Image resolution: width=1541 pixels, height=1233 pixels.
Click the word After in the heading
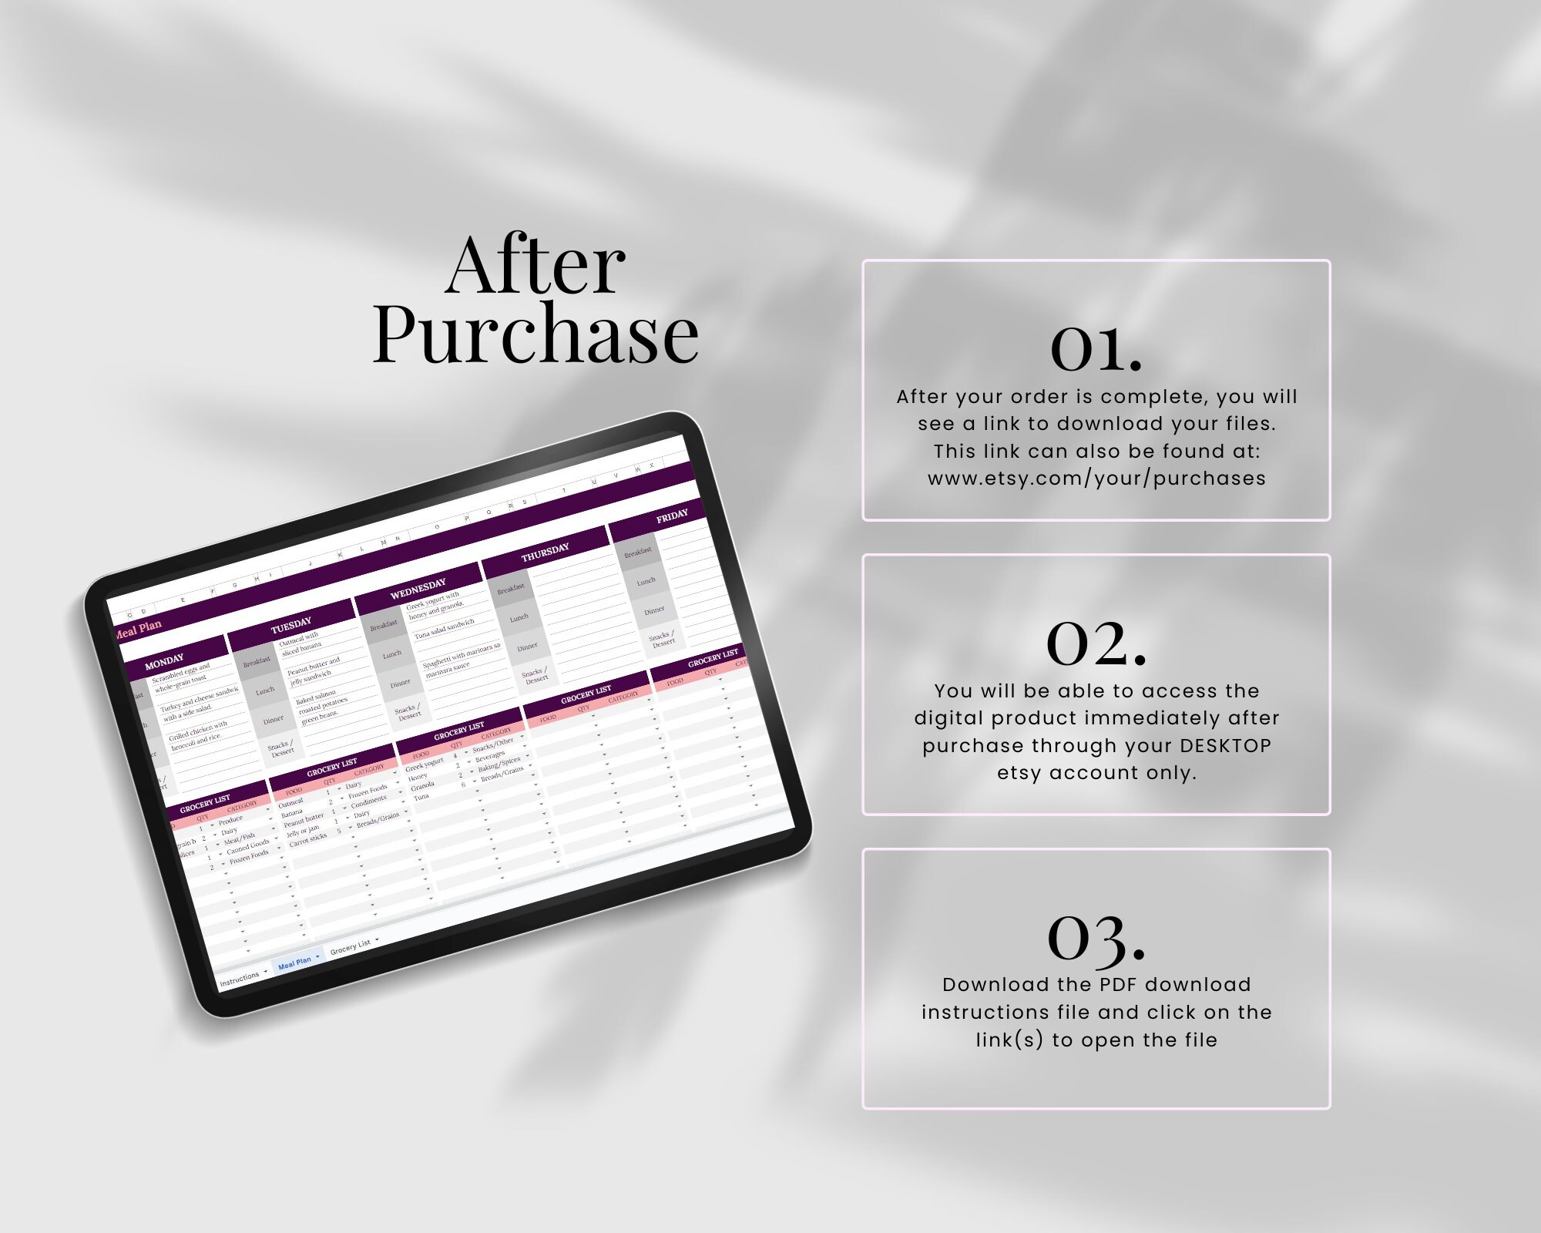535,266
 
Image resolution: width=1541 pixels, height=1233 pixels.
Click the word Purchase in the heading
535,334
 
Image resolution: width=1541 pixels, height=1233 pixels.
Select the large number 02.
1096,643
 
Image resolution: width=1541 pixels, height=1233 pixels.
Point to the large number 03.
1096,939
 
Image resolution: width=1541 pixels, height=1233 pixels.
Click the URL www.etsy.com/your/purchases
1096,479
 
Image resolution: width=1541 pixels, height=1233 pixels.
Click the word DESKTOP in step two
1225,746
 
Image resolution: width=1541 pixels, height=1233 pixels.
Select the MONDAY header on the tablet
164,661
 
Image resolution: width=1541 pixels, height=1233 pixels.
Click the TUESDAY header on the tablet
291,625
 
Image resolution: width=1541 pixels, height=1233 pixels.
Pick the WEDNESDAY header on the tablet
418,589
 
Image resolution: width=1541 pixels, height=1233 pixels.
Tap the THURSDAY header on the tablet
545,552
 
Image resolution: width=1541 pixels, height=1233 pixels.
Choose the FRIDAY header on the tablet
672,516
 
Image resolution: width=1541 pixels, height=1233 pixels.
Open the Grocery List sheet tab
351,947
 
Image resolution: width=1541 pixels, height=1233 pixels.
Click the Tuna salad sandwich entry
445,628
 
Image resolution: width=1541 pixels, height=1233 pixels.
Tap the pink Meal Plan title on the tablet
139,628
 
